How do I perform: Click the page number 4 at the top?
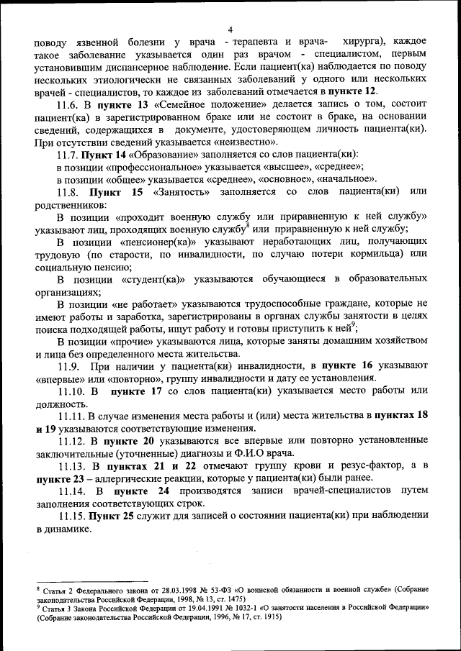[230, 29]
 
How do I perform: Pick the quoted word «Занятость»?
[182, 192]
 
